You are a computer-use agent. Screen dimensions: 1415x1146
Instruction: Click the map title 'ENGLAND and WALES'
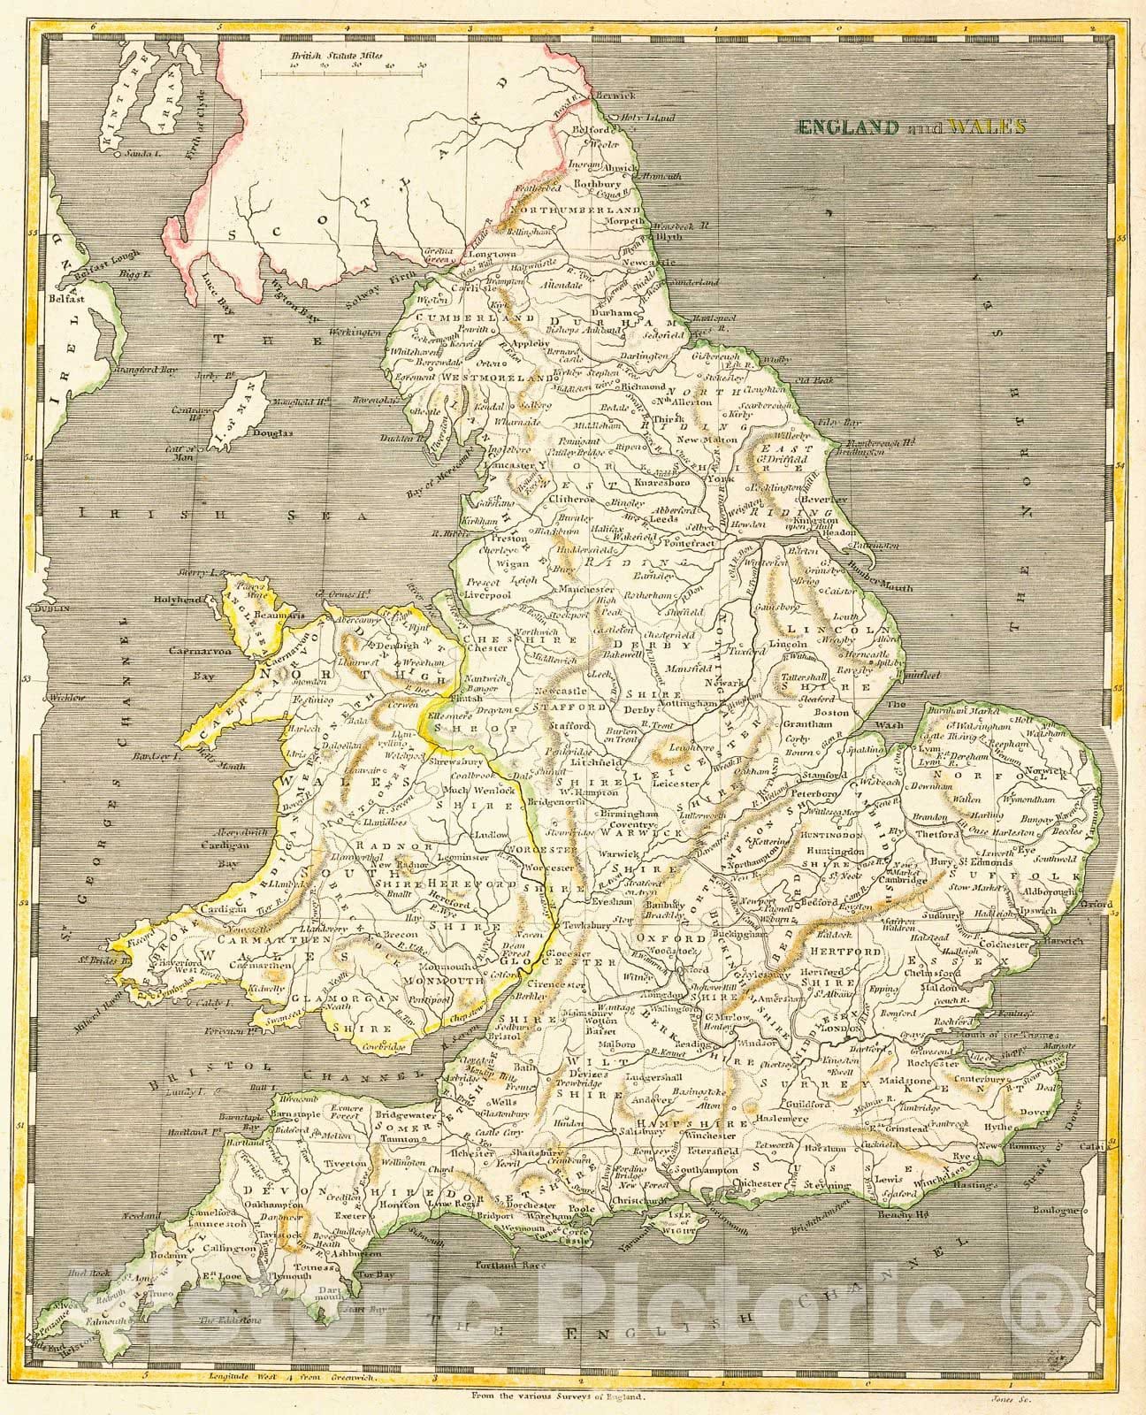912,126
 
